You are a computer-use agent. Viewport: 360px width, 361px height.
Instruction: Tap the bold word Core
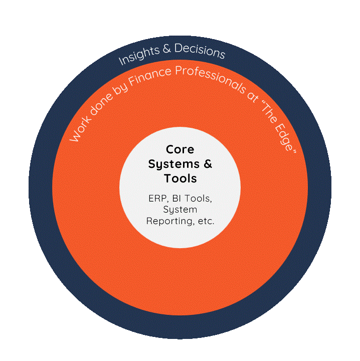[180, 149]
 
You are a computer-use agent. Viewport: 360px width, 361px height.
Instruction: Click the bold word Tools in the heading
[180, 178]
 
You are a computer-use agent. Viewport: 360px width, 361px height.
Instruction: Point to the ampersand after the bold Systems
[207, 164]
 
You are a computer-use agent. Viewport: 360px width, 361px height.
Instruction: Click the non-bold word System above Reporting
[180, 210]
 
